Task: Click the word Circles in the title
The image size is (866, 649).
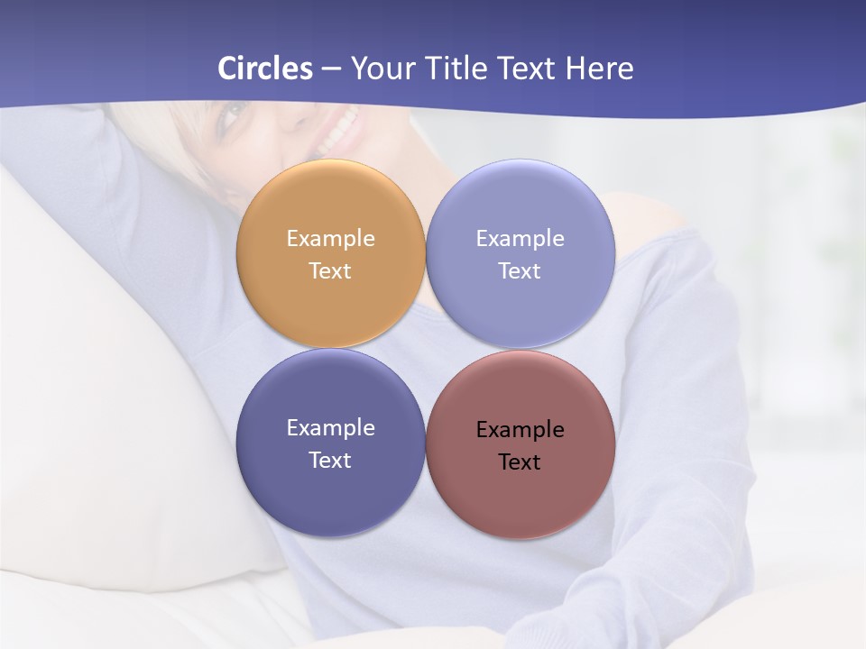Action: point(265,69)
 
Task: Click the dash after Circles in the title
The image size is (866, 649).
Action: point(331,69)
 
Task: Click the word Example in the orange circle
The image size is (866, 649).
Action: point(330,239)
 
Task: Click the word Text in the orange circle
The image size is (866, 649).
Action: point(330,271)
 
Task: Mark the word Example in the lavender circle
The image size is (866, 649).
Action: point(520,239)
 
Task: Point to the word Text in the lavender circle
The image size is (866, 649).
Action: point(520,271)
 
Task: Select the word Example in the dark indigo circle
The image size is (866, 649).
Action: point(330,428)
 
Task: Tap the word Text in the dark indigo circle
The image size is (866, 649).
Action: point(330,461)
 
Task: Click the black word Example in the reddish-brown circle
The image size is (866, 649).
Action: point(521,430)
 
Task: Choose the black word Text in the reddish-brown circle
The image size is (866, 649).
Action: point(520,462)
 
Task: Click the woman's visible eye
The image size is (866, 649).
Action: point(234,114)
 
